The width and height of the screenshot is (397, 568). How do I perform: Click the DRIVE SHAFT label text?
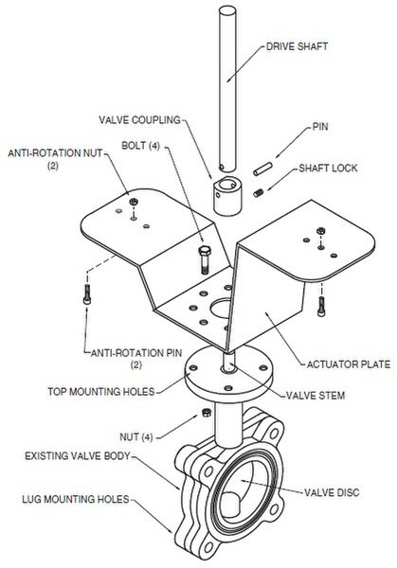297,46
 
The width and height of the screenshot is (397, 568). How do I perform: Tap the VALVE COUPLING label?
139,120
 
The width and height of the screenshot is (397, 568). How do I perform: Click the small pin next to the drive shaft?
262,169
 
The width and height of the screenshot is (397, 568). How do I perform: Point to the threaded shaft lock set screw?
259,193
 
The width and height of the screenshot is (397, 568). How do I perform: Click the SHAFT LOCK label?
328,169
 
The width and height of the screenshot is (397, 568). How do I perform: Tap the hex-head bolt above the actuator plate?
205,259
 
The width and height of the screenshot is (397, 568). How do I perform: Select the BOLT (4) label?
140,146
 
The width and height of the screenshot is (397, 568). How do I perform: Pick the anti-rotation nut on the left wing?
134,202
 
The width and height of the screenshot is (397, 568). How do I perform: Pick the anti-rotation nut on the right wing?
320,230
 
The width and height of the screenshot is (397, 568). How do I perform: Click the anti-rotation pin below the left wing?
87,294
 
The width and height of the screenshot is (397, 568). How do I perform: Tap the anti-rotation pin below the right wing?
321,307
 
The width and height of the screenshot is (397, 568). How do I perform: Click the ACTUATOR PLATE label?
349,364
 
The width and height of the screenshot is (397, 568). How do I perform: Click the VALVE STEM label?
316,395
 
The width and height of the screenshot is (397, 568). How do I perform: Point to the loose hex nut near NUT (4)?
207,412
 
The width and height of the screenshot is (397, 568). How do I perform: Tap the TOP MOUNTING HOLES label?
101,392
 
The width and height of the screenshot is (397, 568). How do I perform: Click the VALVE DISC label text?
332,492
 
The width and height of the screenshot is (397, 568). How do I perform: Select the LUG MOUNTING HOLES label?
76,499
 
